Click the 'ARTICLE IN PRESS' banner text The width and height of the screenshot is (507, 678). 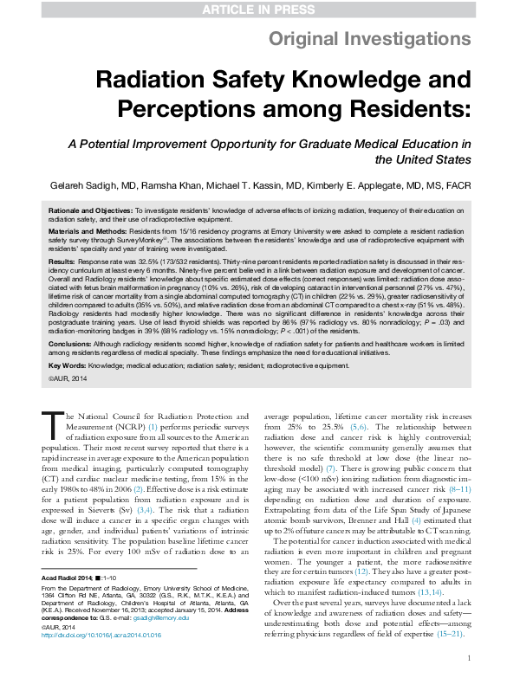point(253,9)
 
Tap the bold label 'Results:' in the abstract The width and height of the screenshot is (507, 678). point(61,261)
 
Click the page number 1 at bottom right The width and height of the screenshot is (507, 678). point(467,658)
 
